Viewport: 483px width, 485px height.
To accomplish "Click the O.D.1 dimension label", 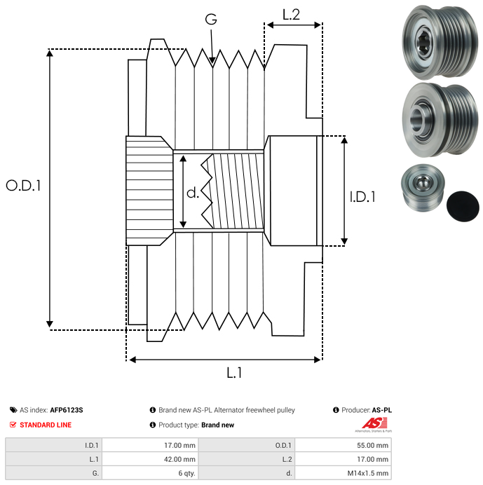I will (x=23, y=186).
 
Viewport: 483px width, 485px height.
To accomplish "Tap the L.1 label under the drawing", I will (x=234, y=373).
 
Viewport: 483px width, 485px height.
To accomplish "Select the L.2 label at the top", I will (x=291, y=13).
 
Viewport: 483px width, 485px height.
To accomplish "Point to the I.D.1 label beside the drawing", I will (x=362, y=197).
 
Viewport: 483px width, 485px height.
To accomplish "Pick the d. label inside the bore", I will (x=193, y=193).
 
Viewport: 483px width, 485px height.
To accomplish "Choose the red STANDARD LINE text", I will (x=46, y=425).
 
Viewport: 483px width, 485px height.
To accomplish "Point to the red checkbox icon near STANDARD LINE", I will (x=13, y=425).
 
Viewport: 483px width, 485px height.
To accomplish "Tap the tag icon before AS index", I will (x=13, y=410).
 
